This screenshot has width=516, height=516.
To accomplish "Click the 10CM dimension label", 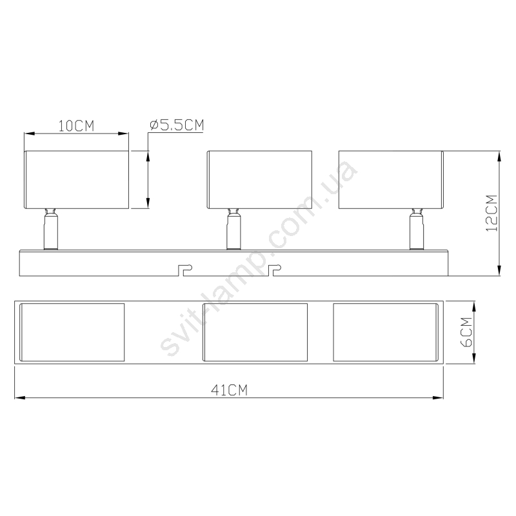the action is [x=76, y=126].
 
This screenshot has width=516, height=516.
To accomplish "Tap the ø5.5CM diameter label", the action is [x=177, y=125].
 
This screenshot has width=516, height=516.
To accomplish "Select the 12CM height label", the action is [x=491, y=213].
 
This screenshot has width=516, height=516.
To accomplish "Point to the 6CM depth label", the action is [x=466, y=332].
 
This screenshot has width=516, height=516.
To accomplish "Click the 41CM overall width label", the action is [x=229, y=390].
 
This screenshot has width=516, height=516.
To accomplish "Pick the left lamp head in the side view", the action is [x=76, y=180].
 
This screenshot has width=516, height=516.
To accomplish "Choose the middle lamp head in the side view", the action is [x=259, y=180].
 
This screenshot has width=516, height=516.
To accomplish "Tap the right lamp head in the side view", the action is [x=392, y=180].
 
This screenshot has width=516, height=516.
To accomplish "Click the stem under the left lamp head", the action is [x=51, y=230].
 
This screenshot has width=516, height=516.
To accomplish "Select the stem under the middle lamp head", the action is [x=233, y=230].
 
